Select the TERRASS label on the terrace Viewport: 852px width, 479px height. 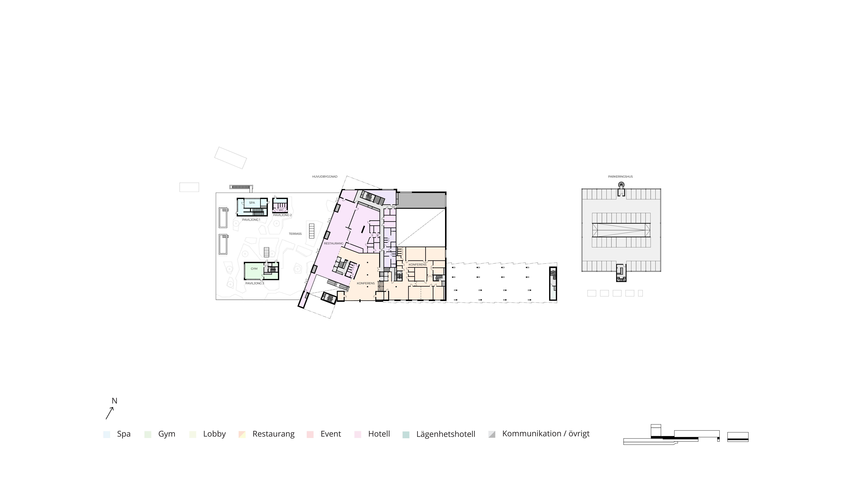[x=295, y=234]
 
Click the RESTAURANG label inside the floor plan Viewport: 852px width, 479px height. [x=333, y=243]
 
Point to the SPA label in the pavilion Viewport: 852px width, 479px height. [x=252, y=203]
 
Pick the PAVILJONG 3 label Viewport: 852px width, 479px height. [x=255, y=283]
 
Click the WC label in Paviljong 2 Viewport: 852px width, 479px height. [x=281, y=210]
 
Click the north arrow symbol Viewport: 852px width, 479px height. [x=109, y=413]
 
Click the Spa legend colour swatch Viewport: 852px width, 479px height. [x=106, y=434]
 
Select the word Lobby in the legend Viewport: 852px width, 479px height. [x=214, y=434]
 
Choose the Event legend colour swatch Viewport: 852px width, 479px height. [x=310, y=434]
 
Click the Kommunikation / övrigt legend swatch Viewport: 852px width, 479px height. [x=492, y=434]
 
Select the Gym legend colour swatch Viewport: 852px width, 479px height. [x=148, y=434]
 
